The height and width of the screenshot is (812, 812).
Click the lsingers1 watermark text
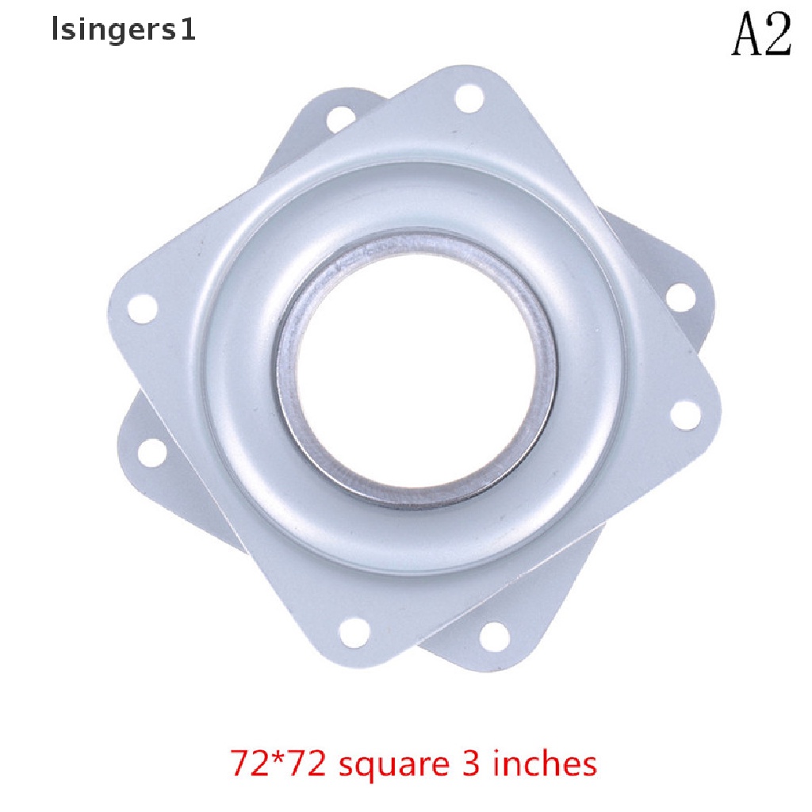click(x=123, y=31)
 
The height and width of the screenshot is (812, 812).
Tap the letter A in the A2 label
click(x=746, y=34)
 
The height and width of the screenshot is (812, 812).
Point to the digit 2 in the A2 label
click(x=777, y=34)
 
